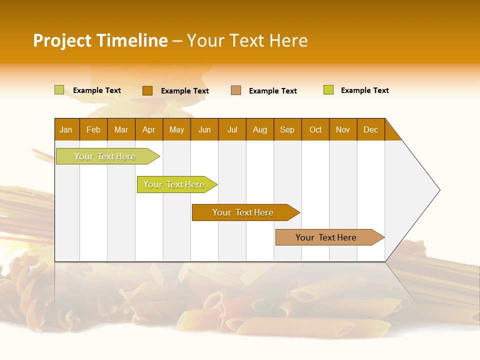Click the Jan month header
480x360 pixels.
[x=66, y=129]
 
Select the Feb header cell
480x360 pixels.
[x=93, y=129]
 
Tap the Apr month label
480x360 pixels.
[x=149, y=129]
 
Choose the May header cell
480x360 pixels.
[x=176, y=129]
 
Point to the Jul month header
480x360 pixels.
[x=232, y=129]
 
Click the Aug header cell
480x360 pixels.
[x=260, y=129]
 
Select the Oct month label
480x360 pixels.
[x=315, y=129]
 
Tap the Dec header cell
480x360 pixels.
[x=370, y=129]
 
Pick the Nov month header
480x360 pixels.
[x=343, y=129]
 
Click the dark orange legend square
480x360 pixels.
[x=147, y=90]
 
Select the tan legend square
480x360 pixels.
[x=236, y=90]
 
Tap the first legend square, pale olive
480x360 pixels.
[x=59, y=90]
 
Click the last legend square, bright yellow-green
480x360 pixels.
[x=328, y=90]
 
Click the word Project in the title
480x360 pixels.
[x=62, y=40]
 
